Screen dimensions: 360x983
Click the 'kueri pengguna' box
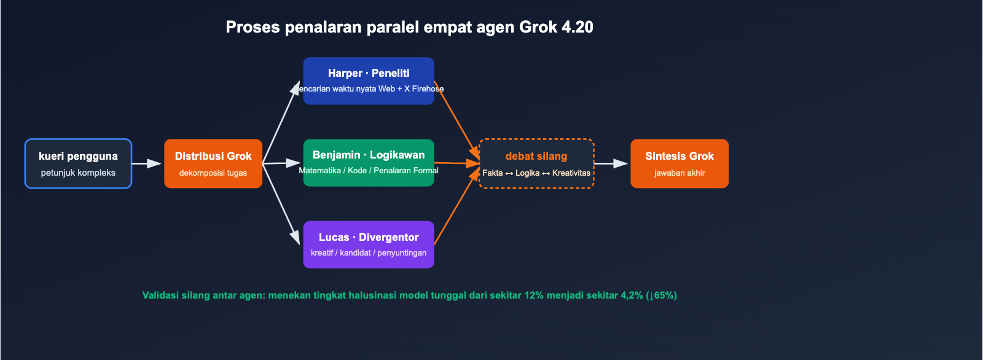pyautogui.click(x=78, y=163)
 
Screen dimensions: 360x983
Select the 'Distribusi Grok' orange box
pyautogui.click(x=213, y=163)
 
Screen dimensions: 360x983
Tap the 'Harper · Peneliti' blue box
pyautogui.click(x=369, y=80)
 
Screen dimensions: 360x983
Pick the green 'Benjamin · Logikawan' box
pyautogui.click(x=369, y=162)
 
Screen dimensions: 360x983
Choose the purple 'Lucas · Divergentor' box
pyautogui.click(x=369, y=245)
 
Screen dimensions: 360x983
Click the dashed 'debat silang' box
pyautogui.click(x=536, y=163)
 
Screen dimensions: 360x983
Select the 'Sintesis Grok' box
pyautogui.click(x=679, y=163)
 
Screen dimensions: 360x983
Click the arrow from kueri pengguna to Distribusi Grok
pyautogui.click(x=146, y=163)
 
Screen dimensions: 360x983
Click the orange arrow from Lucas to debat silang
pyautogui.click(x=456, y=208)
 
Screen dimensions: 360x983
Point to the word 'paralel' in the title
pyautogui.click(x=393, y=27)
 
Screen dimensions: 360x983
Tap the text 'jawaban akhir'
pyautogui.click(x=679, y=173)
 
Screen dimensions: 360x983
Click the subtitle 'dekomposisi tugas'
pyautogui.click(x=213, y=173)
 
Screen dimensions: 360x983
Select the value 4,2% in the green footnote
pyautogui.click(x=632, y=295)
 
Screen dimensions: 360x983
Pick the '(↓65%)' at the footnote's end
pyautogui.click(x=661, y=295)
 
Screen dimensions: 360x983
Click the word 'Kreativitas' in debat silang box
pyautogui.click(x=571, y=173)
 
